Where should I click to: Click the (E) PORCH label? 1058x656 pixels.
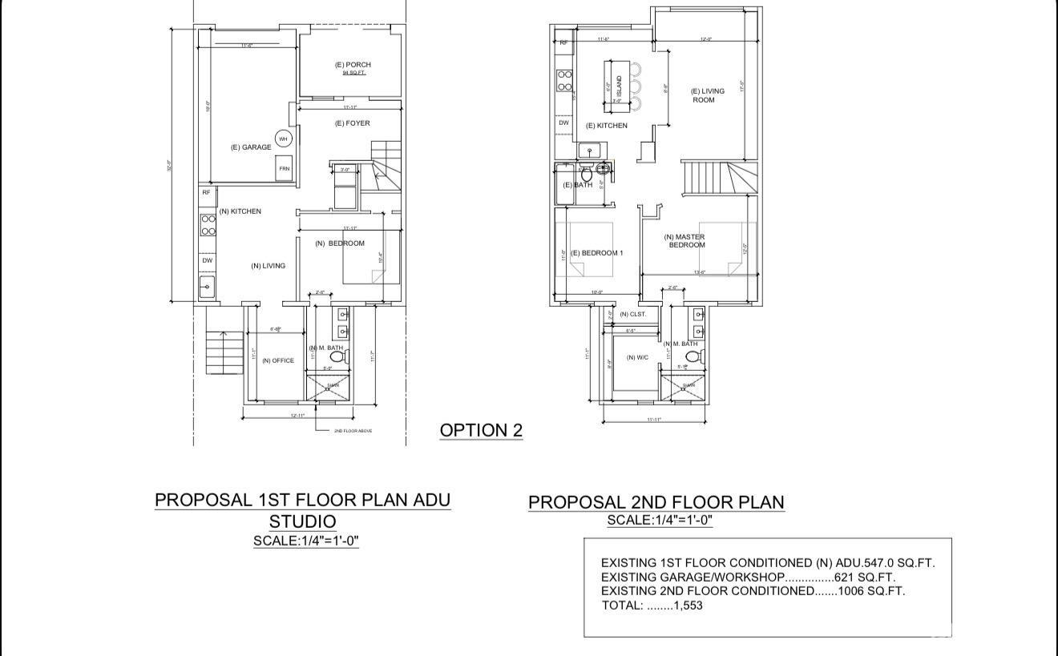click(x=353, y=65)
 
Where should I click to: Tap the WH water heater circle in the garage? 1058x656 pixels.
click(x=283, y=139)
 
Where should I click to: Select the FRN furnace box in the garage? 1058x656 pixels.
click(x=285, y=169)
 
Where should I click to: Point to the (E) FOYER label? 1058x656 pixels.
click(x=352, y=123)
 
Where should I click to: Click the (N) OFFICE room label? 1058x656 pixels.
click(x=278, y=360)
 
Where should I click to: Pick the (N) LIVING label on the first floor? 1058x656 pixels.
click(x=268, y=266)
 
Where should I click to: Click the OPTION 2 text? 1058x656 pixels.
click(x=481, y=430)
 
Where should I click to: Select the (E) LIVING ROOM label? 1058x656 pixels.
click(x=707, y=95)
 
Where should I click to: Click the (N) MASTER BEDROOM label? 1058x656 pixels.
click(x=687, y=240)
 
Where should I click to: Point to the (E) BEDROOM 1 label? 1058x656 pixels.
click(x=596, y=253)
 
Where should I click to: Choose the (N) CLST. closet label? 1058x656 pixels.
click(x=632, y=314)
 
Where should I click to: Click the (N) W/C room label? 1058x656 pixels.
click(x=636, y=357)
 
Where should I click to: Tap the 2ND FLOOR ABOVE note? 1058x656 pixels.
click(x=353, y=431)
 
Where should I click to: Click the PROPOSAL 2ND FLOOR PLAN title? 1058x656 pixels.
click(x=656, y=502)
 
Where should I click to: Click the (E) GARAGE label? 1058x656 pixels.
click(x=250, y=147)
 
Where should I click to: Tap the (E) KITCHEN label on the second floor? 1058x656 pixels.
click(x=607, y=126)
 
